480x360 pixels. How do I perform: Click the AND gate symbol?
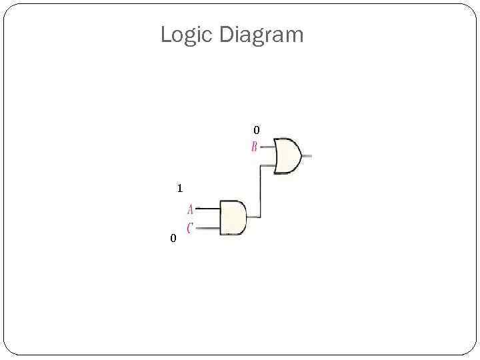click(x=232, y=217)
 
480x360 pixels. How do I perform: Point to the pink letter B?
click(x=254, y=147)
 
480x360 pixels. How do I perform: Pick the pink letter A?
click(x=191, y=209)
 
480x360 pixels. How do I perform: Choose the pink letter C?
click(x=190, y=228)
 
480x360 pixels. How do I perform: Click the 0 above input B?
click(x=257, y=129)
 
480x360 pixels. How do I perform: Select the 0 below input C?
click(x=173, y=238)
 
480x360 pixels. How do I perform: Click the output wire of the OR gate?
click(x=307, y=156)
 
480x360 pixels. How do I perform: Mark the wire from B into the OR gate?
click(x=267, y=147)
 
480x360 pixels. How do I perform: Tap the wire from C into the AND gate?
click(x=209, y=228)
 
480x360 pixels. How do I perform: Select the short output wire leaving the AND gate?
click(x=253, y=217)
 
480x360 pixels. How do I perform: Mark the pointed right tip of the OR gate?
click(x=301, y=156)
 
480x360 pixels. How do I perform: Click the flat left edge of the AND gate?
click(x=220, y=217)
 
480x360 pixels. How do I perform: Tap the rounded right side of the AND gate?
click(x=245, y=217)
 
